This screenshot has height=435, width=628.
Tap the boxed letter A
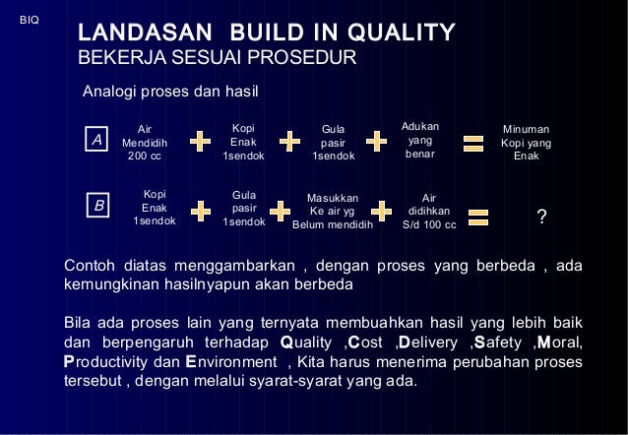[x=96, y=142]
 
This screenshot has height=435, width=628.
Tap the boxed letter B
[x=98, y=207]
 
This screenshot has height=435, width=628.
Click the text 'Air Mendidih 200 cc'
[x=145, y=142]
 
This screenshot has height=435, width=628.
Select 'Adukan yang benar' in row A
[x=420, y=140]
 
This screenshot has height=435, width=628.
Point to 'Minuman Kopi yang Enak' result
[x=526, y=143]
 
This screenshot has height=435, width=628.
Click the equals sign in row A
[x=473, y=142]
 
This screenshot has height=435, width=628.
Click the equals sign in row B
[x=478, y=216]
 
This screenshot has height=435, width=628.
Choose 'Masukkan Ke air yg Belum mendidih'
[x=333, y=210]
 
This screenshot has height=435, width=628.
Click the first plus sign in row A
[x=200, y=142]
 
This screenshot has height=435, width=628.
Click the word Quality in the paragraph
[x=309, y=342]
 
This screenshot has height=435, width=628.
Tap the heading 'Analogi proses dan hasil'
[x=170, y=93]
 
